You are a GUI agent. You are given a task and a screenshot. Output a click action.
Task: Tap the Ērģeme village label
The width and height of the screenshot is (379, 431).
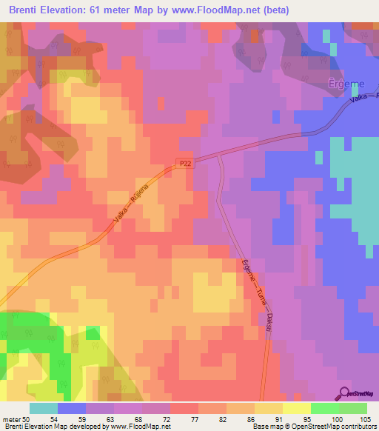(x=343, y=83)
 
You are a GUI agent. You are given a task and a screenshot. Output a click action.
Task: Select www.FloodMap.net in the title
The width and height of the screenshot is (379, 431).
(x=222, y=10)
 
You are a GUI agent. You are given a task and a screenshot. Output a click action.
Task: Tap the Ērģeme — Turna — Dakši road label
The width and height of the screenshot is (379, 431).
(x=256, y=295)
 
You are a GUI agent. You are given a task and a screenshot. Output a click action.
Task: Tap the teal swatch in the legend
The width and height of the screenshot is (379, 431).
(x=44, y=408)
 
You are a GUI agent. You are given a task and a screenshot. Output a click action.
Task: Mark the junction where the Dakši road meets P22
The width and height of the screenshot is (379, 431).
(x=218, y=155)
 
